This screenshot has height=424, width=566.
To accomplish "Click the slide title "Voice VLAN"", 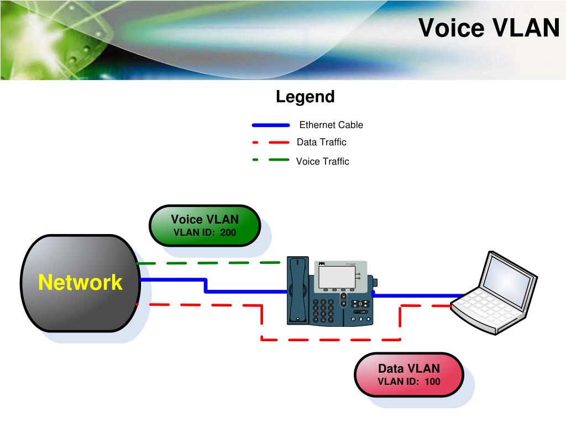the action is (x=489, y=28).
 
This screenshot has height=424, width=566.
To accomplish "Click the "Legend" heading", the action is (x=305, y=97).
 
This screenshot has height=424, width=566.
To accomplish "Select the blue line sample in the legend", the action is (x=271, y=125).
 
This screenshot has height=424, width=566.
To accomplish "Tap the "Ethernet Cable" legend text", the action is (x=331, y=125).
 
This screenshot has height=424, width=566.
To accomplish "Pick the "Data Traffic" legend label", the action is (x=321, y=142).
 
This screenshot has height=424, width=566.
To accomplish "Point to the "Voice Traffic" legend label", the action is (x=322, y=161).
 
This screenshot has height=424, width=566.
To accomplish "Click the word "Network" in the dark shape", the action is (x=80, y=282).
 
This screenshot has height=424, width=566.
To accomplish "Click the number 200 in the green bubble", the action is (x=228, y=232).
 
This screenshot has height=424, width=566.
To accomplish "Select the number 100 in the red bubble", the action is (x=432, y=381).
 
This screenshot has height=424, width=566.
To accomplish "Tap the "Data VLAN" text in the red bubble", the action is (x=409, y=368).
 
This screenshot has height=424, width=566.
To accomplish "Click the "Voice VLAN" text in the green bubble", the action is (x=205, y=219).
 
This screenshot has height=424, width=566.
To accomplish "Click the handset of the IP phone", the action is (x=298, y=290).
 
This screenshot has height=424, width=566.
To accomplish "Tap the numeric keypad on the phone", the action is (x=323, y=310).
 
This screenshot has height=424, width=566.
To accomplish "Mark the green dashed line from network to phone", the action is (x=208, y=263).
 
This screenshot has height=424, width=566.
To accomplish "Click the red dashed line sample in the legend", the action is (x=271, y=142).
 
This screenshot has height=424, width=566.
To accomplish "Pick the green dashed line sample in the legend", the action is (x=271, y=160).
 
